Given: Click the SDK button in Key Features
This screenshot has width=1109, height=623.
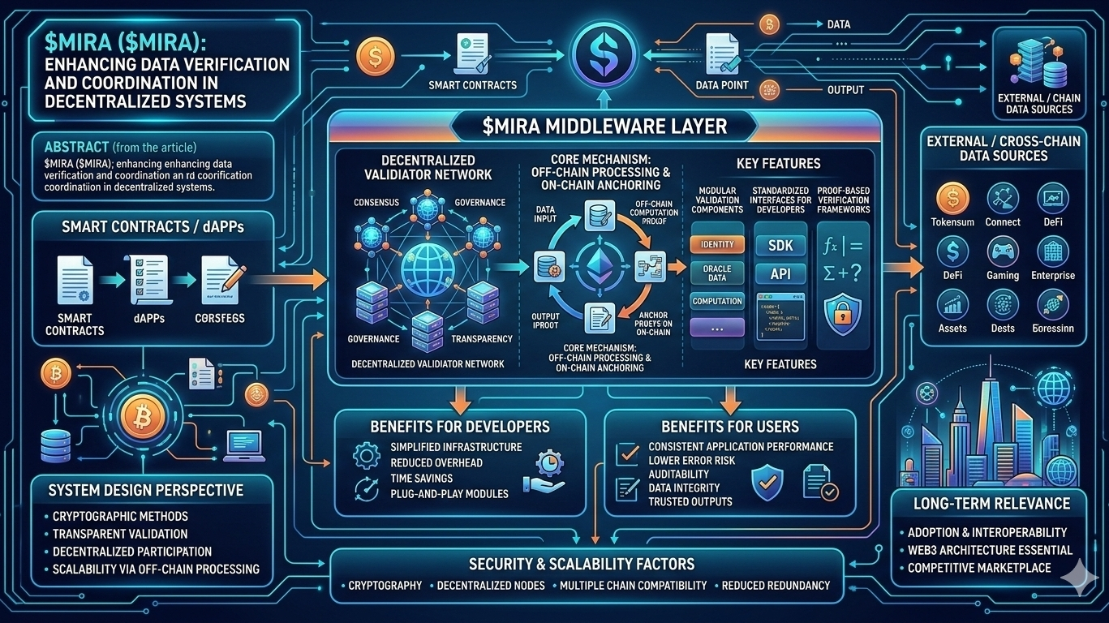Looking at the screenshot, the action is pos(780,244).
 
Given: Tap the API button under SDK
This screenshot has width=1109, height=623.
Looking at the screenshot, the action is pos(780,273).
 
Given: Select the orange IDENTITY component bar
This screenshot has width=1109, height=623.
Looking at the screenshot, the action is pos(716,244).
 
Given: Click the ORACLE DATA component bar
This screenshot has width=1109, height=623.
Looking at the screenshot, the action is pos(716,273).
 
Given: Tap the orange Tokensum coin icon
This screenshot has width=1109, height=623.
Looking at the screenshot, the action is pos(952,198).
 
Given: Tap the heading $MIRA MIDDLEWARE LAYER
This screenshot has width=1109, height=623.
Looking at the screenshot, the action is pos(604,127).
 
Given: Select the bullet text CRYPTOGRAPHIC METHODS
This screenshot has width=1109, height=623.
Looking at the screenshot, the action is pos(120,516).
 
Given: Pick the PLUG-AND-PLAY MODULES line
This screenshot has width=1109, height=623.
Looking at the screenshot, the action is pos(449,493).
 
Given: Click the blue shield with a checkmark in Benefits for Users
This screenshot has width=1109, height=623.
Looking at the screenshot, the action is pos(767,480).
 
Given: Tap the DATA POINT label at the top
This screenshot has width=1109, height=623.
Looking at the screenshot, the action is pos(722,85).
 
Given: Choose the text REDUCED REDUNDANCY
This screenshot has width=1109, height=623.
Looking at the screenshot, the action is pos(776,585).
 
